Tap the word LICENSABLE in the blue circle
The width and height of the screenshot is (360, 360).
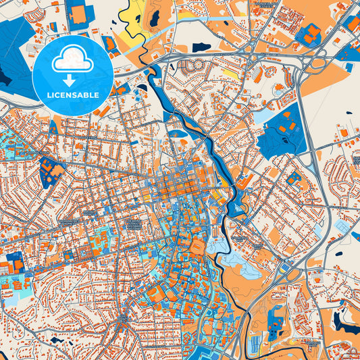[74, 94]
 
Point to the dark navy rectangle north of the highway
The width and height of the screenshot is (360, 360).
[201, 47]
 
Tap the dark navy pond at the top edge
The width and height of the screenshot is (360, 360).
[155, 17]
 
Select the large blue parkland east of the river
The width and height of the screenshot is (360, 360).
[280, 132]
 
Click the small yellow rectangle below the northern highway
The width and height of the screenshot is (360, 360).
[230, 73]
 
